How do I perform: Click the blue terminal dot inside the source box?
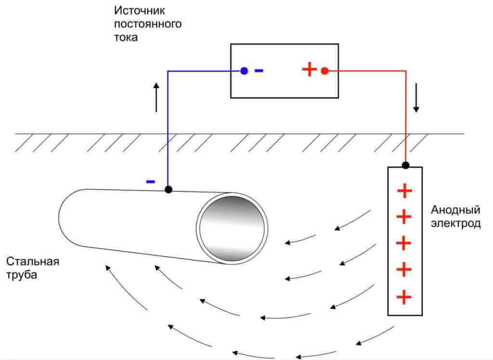coord(244,71)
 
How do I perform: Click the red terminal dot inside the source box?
coord(324,71)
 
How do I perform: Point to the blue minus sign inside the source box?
coord(259,70)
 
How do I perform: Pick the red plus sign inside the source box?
coord(309,70)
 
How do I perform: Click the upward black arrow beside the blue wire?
coord(156,97)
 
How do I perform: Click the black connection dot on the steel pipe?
coord(168,189)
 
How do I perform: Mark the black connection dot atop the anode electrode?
coord(405,165)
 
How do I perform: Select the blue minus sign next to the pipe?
coord(151,182)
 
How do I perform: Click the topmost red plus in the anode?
coord(405,191)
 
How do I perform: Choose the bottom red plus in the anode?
coord(405,296)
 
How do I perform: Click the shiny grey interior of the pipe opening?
coord(232,227)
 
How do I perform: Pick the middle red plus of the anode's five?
coord(405,243)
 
